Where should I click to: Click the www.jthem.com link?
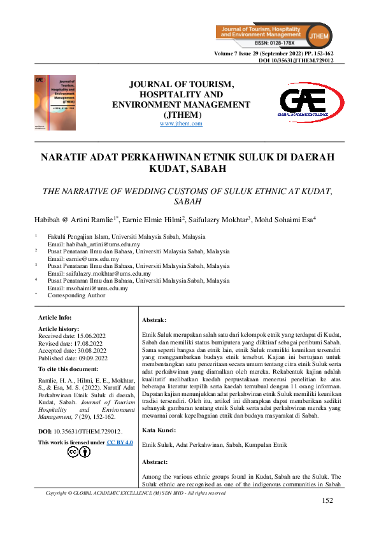(x=181, y=123)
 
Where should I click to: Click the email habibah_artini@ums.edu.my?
(x=94, y=244)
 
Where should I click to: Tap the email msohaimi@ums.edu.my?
(x=88, y=288)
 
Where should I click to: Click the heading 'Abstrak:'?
(x=154, y=320)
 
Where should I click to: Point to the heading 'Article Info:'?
(x=55, y=317)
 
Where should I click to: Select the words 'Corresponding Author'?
(x=77, y=295)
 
